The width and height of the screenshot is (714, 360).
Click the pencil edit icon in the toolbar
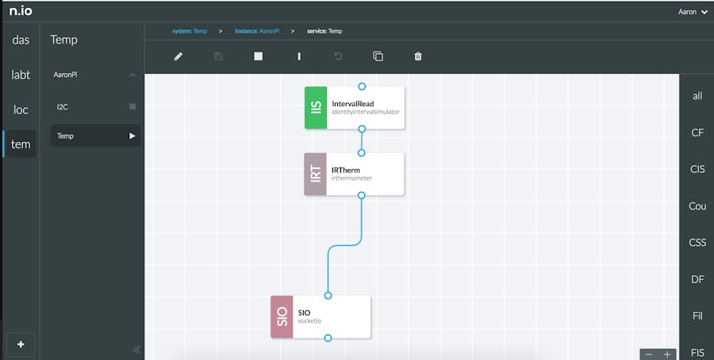point(178,56)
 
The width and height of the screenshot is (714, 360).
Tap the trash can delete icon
point(418,56)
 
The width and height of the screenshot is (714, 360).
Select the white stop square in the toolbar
point(258,56)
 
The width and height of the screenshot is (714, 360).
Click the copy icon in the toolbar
point(378,56)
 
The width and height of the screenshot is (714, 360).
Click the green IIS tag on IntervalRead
point(316,108)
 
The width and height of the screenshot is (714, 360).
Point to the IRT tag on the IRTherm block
point(315,174)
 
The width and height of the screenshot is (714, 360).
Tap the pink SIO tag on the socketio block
point(282,316)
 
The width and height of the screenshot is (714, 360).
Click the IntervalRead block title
point(353,104)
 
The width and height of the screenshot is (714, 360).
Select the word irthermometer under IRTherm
point(351,178)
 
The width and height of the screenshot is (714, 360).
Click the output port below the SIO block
point(328,338)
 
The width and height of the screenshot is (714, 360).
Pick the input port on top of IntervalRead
point(362,86)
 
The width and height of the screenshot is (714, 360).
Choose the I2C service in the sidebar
point(63,107)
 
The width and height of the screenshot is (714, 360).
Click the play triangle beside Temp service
point(132,136)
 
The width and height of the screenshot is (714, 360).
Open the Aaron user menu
point(693,12)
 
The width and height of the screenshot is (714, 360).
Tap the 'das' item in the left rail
point(21,40)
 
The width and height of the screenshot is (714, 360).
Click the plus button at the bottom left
point(21,344)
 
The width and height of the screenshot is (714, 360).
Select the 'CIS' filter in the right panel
point(697,170)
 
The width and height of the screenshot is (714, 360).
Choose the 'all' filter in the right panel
point(697,96)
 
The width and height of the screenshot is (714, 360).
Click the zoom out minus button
point(649,354)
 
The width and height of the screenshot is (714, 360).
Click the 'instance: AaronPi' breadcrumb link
point(257,32)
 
